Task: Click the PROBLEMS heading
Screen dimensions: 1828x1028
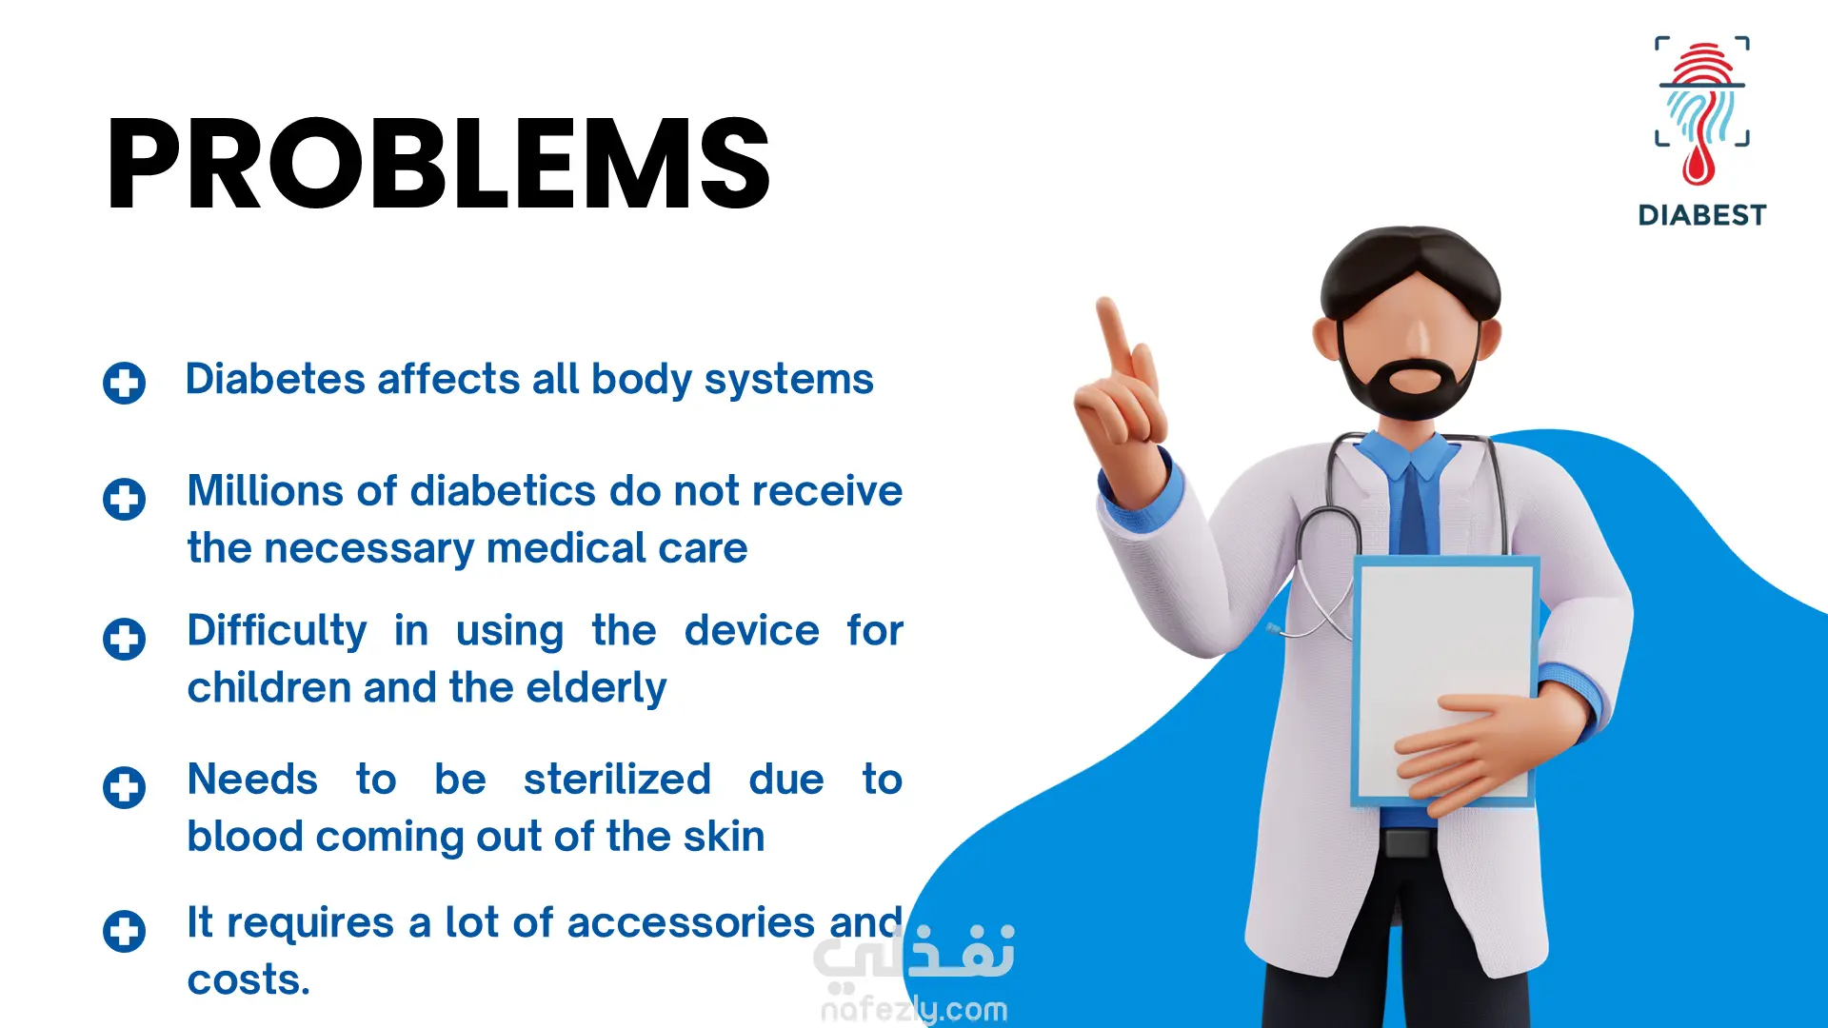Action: (438, 164)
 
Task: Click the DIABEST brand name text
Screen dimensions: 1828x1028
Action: (1702, 215)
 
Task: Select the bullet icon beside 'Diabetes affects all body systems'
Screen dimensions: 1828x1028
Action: (125, 383)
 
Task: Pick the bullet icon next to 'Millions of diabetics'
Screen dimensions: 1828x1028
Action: (125, 499)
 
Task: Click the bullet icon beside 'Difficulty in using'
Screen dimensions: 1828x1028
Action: (125, 639)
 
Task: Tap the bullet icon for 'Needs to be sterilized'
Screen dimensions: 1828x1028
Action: (125, 787)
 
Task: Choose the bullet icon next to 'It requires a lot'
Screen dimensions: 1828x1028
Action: (125, 931)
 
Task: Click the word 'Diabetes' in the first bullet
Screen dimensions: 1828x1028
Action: (275, 379)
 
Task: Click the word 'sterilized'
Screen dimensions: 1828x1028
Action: (617, 780)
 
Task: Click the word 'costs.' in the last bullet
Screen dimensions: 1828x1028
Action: (248, 980)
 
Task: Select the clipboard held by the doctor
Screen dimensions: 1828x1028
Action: (1445, 681)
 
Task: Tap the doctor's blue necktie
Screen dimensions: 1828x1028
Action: (1413, 504)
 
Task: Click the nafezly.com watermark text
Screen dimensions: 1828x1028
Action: (914, 1009)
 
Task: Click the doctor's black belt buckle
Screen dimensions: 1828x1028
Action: (1407, 842)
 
